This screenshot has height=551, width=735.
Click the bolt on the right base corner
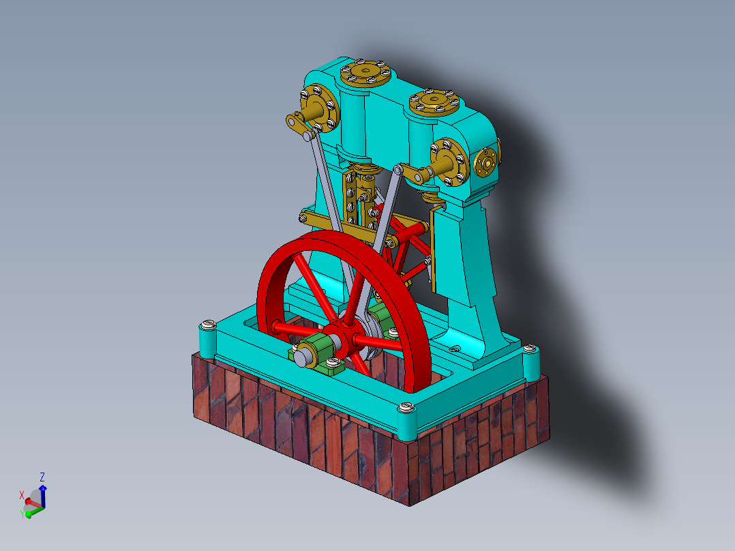click(x=530, y=350)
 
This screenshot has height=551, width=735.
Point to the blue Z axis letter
click(x=42, y=477)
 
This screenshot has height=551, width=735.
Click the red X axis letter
click(x=22, y=495)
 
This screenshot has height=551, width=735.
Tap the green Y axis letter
click(x=22, y=513)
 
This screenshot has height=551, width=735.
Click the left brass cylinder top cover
click(x=367, y=71)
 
